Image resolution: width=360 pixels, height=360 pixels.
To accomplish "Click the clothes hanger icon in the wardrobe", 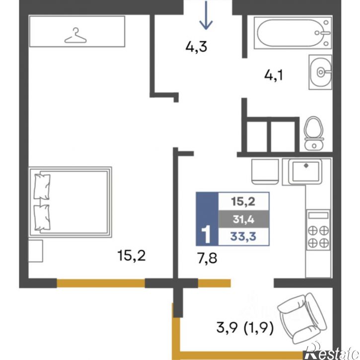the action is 75,36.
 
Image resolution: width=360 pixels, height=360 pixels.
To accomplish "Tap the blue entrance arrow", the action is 206,15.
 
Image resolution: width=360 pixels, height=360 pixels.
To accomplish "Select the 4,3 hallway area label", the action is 196,47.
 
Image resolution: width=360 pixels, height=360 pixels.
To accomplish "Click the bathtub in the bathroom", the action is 293,33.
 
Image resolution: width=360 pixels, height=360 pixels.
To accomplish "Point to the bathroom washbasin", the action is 320,72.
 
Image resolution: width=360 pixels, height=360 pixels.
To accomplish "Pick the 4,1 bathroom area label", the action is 274,75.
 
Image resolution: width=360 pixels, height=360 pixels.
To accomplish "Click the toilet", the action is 314,133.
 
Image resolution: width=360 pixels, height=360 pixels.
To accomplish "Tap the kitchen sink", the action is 305,171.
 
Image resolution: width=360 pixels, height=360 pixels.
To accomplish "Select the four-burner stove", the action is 318,230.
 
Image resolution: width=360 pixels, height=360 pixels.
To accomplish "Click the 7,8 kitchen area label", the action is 207,258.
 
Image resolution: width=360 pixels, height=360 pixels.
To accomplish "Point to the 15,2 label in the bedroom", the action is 131,255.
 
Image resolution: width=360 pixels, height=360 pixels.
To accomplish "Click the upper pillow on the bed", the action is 42,187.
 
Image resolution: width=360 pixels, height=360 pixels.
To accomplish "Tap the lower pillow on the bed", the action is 42,217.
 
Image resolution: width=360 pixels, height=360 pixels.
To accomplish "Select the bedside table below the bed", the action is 36,251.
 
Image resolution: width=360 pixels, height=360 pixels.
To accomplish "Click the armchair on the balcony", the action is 302,318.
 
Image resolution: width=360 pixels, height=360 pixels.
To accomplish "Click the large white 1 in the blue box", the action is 206,234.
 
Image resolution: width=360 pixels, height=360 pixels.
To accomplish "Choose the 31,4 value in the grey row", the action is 244,219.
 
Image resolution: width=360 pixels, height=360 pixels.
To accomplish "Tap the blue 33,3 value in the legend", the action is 243,236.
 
